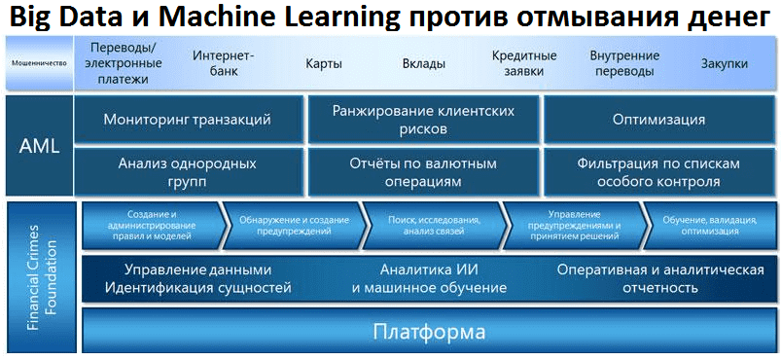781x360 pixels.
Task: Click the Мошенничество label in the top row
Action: click(38, 63)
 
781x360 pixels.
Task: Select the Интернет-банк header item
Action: click(223, 63)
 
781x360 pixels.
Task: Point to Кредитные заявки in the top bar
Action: click(523, 63)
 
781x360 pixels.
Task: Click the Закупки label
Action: click(725, 63)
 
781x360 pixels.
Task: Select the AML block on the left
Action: click(39, 146)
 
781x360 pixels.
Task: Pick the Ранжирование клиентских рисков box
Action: click(423, 120)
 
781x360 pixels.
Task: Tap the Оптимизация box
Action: click(658, 120)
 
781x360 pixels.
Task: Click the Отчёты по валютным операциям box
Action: click(423, 172)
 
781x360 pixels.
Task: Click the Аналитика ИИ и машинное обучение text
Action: click(429, 278)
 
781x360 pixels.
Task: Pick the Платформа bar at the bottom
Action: click(429, 332)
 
